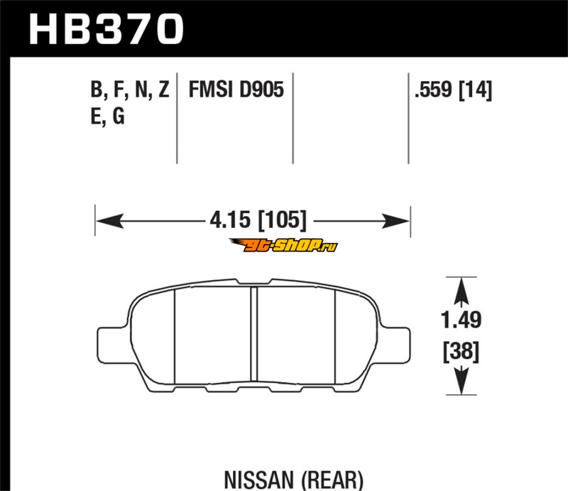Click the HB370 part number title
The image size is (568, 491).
[x=106, y=28]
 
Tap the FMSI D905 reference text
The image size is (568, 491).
[x=236, y=90]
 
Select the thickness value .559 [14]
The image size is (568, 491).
[x=454, y=90]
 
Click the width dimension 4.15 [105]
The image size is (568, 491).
[x=258, y=220]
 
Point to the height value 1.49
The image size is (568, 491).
[x=461, y=320]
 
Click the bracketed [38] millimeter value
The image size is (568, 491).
[x=461, y=352]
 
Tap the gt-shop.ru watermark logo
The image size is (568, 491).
[x=283, y=246]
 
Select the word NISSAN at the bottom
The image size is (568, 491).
[x=259, y=480]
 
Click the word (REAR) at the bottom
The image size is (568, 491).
[x=332, y=480]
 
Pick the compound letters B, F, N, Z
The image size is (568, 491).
[x=130, y=90]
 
